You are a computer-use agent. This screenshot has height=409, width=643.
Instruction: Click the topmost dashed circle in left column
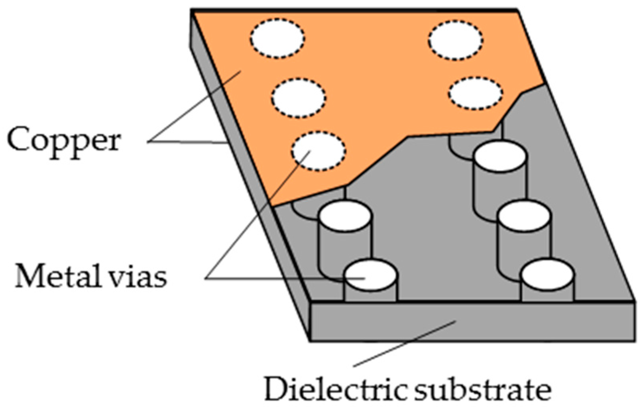(x=277, y=38)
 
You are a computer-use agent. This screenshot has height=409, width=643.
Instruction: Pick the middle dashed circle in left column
(x=299, y=98)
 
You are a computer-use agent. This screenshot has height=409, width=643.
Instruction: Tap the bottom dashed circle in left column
(x=319, y=151)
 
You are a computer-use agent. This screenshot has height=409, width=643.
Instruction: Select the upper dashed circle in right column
(x=456, y=40)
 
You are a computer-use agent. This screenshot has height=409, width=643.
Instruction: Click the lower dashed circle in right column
(x=475, y=93)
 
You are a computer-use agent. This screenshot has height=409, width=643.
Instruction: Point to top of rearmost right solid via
(x=500, y=156)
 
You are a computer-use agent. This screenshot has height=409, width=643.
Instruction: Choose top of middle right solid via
(x=524, y=216)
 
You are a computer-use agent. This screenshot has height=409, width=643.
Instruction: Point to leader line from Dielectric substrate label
(x=403, y=345)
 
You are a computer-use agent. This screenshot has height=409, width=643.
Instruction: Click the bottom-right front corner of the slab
(x=634, y=340)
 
